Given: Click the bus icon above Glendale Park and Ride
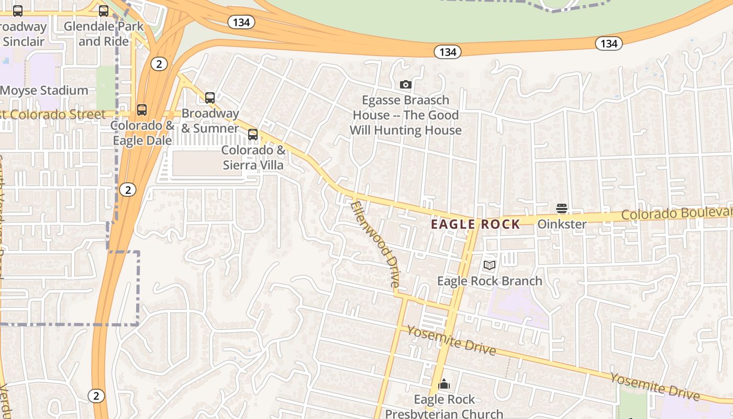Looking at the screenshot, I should [x=104, y=10].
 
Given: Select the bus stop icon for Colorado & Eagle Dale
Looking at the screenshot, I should [x=142, y=110].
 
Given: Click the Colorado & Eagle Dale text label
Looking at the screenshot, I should [x=142, y=133].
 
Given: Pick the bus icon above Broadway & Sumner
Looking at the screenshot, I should [x=210, y=97].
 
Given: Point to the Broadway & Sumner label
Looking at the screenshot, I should [x=210, y=120].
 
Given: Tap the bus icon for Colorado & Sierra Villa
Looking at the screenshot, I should [x=253, y=135].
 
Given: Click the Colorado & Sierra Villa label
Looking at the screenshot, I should [x=253, y=158].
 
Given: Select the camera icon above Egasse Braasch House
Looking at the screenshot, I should [x=405, y=84].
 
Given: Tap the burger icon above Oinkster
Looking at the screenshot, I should [x=562, y=208].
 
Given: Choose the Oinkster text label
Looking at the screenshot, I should [x=562, y=224].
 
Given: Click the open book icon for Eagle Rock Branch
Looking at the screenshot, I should [x=490, y=266].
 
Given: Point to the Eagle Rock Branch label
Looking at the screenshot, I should [x=490, y=281].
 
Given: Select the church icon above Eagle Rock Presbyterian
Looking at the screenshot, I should [x=444, y=384].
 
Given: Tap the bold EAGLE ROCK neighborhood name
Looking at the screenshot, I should [x=475, y=225].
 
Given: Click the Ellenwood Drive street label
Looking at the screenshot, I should [x=375, y=244].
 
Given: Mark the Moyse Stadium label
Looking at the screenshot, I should [x=44, y=90].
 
